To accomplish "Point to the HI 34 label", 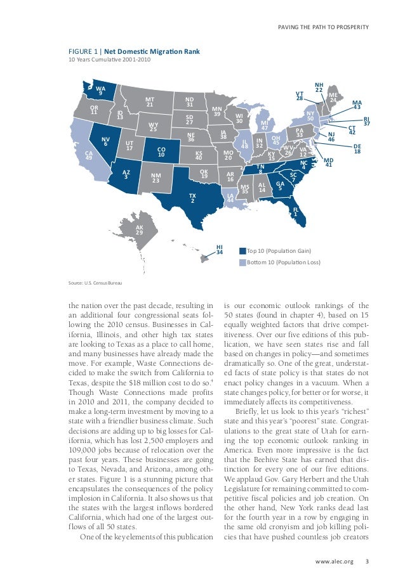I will [220, 249].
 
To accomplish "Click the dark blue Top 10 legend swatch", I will [242, 251].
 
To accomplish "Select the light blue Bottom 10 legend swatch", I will [242, 262].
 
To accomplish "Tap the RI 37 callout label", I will [366, 122].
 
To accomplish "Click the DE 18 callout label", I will [357, 149].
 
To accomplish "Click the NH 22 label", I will [319, 87].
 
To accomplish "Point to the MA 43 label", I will [357, 105].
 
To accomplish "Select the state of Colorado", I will [161, 151].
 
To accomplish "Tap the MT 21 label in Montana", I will [150, 102].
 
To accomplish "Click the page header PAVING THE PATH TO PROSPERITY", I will [324, 27].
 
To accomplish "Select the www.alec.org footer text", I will [336, 562].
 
